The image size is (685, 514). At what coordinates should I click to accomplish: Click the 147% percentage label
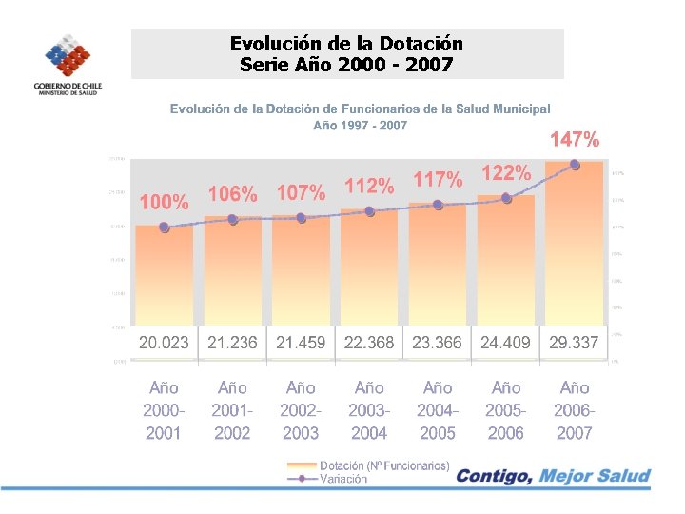coord(575,141)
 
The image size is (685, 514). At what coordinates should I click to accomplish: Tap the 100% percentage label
coord(164,203)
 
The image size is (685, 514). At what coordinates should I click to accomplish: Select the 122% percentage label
coord(506,173)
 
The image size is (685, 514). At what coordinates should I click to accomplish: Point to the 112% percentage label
coord(369,187)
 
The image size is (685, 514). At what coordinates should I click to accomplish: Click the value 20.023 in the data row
coord(164,343)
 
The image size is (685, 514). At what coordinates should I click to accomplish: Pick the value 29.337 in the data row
coord(575,343)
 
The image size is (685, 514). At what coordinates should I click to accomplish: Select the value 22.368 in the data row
coord(369,343)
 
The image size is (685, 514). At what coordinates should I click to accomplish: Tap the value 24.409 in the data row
coord(506,343)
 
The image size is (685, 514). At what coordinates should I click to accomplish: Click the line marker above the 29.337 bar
coord(575,165)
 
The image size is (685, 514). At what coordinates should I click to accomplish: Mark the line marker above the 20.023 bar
coord(164,227)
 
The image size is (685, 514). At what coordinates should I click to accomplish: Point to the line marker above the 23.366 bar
coord(438,205)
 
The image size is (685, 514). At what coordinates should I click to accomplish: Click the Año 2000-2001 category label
coord(164,410)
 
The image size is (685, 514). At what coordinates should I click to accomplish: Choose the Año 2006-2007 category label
coord(575,410)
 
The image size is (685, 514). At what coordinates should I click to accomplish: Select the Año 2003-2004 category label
coord(369,410)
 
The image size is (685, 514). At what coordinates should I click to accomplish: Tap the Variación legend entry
coord(343,480)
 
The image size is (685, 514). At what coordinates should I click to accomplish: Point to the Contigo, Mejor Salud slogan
coord(554,476)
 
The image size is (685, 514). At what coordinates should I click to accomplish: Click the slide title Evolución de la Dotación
coord(347,44)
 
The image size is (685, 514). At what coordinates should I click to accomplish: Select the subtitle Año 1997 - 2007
coord(360,126)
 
